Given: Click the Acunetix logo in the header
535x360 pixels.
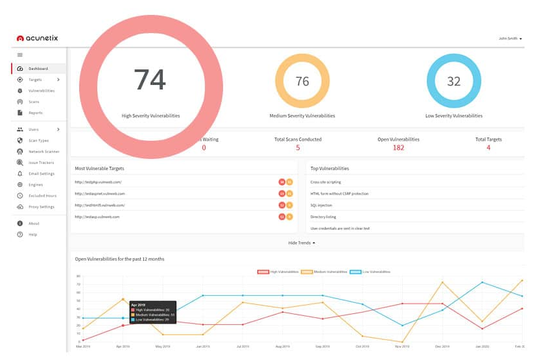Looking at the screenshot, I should (37, 38).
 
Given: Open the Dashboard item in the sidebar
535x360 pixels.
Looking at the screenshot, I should (38, 68).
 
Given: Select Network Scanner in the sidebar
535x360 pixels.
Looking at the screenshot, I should (43, 151).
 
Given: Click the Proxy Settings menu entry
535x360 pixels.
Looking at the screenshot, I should (41, 207).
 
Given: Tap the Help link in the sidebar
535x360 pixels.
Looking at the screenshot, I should (32, 234).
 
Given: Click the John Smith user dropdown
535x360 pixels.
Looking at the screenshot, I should (510, 39).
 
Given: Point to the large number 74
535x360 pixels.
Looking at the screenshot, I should (150, 80).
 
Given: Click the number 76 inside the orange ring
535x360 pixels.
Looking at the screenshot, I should (302, 82).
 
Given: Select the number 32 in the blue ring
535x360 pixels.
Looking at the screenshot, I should (453, 82).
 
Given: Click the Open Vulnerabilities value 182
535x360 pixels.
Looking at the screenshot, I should (398, 148).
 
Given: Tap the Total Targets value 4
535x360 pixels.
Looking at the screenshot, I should (488, 148).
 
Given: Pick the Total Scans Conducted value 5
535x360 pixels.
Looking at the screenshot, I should (298, 148).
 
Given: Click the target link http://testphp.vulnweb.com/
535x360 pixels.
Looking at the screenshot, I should (98, 182).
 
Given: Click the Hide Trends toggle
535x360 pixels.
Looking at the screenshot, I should (302, 243).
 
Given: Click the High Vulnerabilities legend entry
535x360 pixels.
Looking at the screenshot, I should (280, 272).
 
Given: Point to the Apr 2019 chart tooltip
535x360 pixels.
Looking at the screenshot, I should (153, 312).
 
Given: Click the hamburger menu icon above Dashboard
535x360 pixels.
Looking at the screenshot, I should (20, 55).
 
